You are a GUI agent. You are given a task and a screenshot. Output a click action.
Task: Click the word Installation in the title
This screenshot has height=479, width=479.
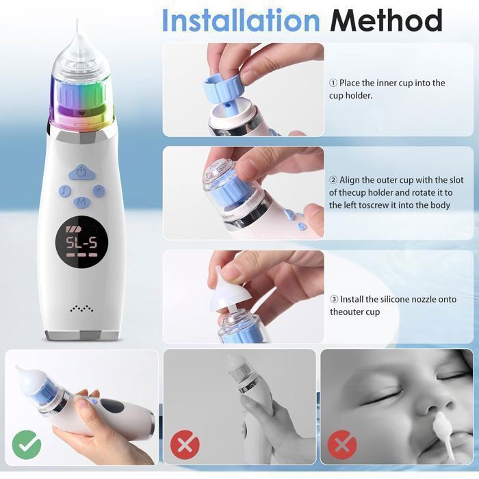click(x=241, y=20)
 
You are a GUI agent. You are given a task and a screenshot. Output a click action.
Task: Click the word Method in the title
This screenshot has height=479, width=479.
click(x=386, y=20)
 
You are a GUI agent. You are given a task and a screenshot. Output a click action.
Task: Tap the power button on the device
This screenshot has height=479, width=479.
click(x=81, y=173)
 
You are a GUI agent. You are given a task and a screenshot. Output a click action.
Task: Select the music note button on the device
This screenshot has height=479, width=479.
click(x=65, y=191)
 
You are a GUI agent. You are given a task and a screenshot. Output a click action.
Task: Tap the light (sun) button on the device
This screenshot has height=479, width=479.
click(x=99, y=191)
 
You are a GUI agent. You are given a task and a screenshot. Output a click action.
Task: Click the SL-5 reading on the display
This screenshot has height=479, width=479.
click(x=81, y=243)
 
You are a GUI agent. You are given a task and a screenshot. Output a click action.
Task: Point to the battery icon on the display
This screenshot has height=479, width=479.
click(x=73, y=229)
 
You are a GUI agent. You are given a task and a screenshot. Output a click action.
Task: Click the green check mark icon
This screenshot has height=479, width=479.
click(x=27, y=445)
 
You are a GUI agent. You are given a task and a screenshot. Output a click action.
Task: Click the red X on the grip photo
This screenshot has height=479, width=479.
click(x=185, y=445)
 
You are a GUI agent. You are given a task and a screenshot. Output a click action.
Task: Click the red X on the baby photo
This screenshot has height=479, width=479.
click(x=342, y=445)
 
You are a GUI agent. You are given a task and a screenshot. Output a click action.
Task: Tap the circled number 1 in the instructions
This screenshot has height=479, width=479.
click(x=333, y=83)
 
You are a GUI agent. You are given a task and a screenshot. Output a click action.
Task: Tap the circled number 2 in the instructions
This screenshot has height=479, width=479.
click(x=333, y=180)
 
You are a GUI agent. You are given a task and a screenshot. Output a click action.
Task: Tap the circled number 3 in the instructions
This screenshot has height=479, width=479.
click(x=334, y=300)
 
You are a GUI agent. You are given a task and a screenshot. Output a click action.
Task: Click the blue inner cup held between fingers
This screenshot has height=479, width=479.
click(x=220, y=89)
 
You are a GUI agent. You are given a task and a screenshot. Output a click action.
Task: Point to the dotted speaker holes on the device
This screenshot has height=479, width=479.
click(x=81, y=308)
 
